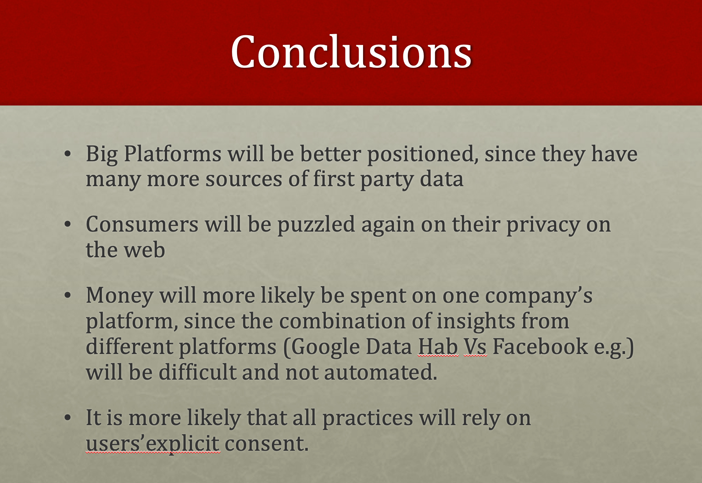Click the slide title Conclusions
[351, 52]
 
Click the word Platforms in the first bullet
[173, 154]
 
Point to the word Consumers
[142, 225]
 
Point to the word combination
[343, 321]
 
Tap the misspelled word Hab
[438, 347]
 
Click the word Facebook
[540, 347]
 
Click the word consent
[266, 444]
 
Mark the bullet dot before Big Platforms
[67, 154]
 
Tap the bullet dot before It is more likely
[67, 418]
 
